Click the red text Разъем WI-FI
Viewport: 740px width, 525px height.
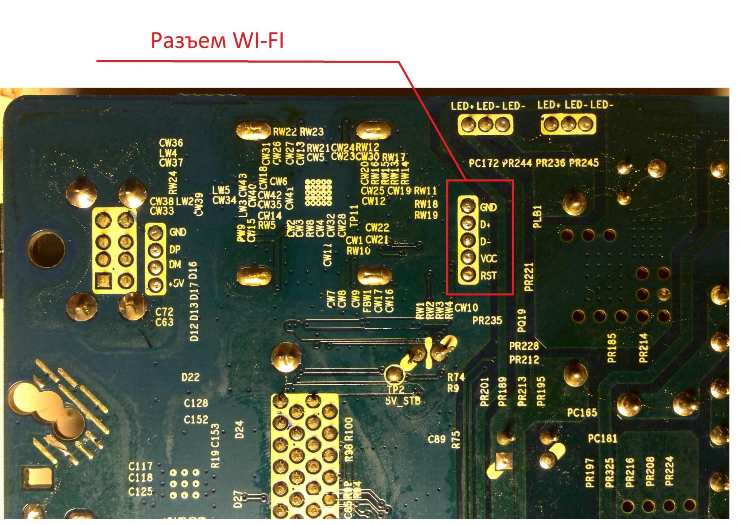tap(217, 40)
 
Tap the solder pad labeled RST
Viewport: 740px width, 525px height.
tap(468, 274)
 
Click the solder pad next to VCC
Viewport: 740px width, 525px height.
tap(468, 257)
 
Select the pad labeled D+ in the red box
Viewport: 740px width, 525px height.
tap(468, 223)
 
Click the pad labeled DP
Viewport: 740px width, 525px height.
tap(155, 249)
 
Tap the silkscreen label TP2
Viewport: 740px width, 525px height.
tap(396, 389)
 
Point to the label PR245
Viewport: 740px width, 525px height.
tap(584, 163)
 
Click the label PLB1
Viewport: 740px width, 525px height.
tap(537, 217)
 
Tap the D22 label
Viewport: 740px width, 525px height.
tap(190, 377)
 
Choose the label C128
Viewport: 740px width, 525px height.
tap(196, 403)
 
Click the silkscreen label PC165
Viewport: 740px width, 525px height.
tap(582, 413)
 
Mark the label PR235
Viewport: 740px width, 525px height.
tap(487, 320)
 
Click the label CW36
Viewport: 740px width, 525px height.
tap(171, 143)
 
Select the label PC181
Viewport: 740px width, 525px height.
tap(602, 438)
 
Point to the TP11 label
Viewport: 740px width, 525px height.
tap(354, 216)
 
